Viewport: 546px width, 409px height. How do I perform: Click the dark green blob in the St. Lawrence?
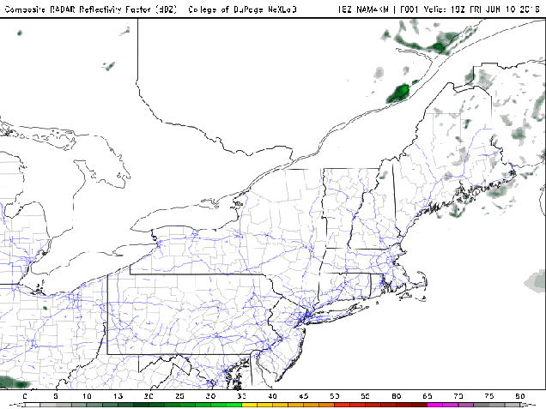point(399,92)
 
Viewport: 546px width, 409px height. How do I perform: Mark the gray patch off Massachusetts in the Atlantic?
point(537,280)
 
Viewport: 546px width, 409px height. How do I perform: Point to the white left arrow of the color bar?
point(17,405)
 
